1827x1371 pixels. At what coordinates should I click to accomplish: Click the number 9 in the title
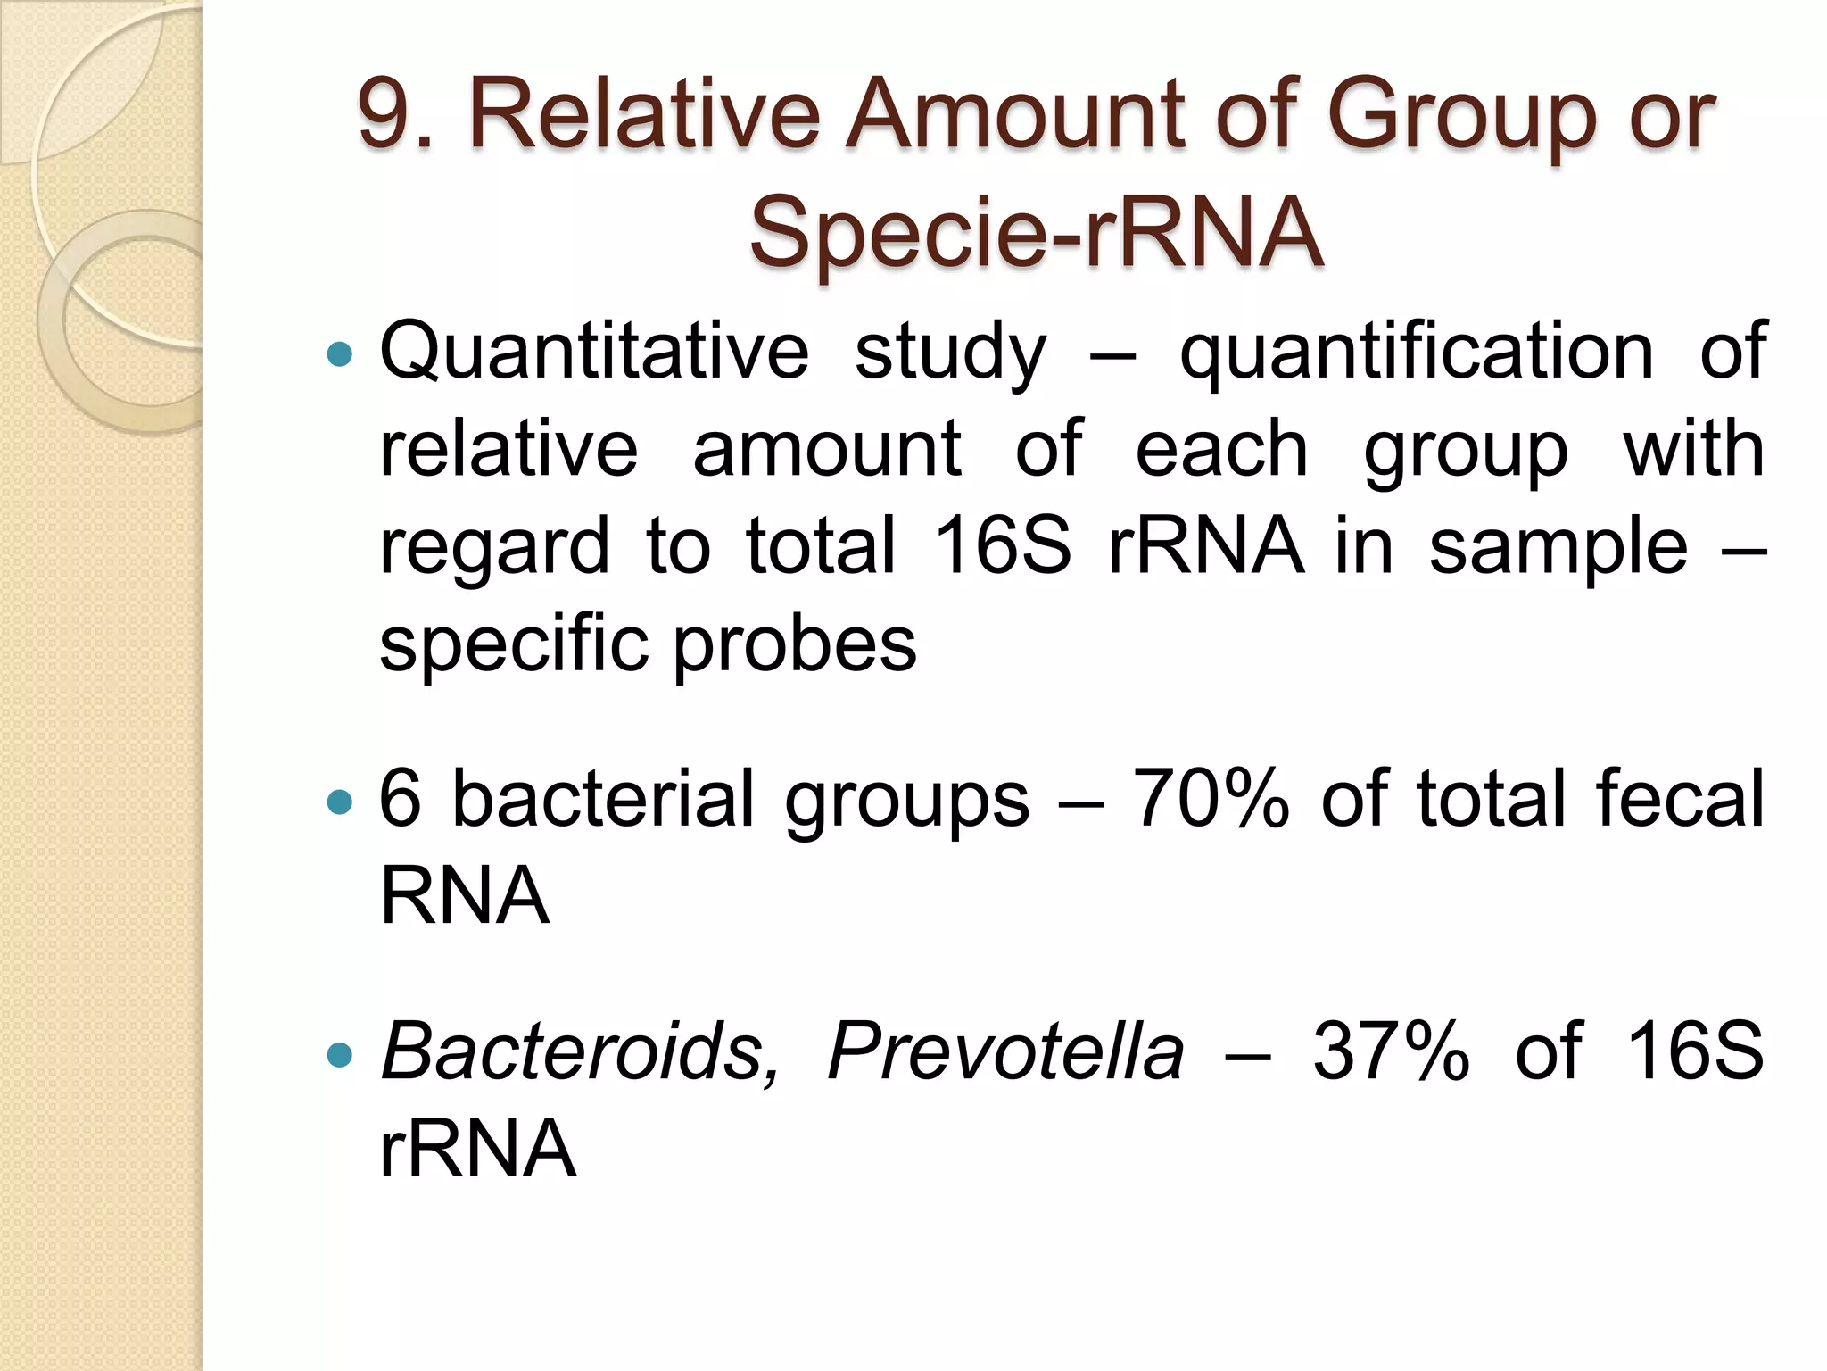click(x=383, y=114)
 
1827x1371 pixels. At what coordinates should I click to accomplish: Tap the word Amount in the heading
click(x=1015, y=114)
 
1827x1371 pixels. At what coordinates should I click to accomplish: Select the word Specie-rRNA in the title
click(x=1036, y=232)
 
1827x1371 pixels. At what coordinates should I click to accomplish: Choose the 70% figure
click(x=1211, y=799)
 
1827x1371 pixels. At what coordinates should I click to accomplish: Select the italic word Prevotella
click(x=1005, y=1051)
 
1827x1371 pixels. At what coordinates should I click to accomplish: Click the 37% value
click(x=1391, y=1051)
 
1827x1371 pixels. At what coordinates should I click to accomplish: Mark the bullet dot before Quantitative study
click(x=340, y=356)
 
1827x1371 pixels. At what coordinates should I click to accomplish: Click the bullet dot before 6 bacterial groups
click(x=340, y=802)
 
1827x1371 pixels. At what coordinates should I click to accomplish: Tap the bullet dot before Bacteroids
click(x=340, y=1056)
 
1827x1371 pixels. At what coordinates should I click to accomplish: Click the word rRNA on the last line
click(x=477, y=1149)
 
